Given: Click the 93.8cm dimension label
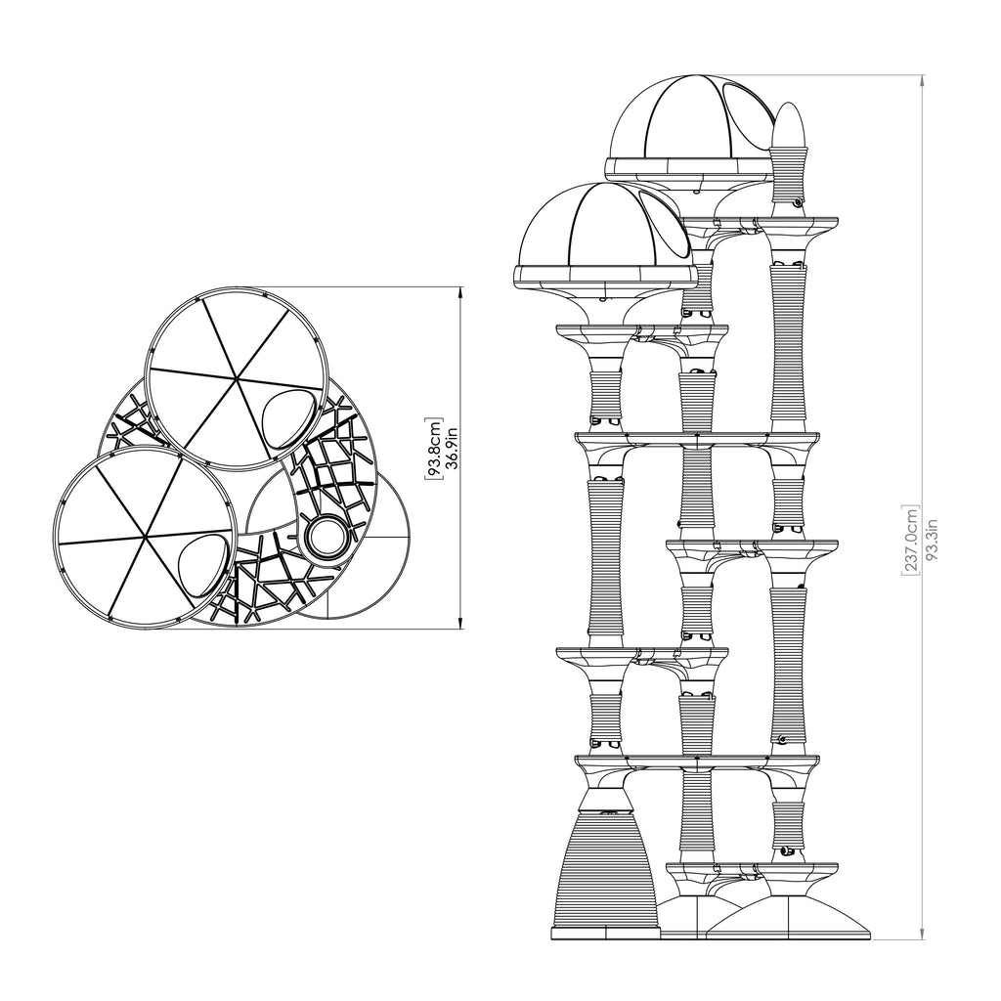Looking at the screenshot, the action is (x=435, y=448).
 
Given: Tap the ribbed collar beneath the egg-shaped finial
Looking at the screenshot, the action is (x=790, y=172).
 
